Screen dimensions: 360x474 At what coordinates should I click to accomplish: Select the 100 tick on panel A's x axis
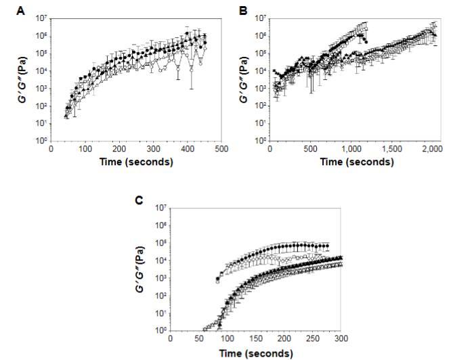click(85, 150)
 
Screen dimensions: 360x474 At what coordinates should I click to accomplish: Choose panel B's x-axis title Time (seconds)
click(356, 162)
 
